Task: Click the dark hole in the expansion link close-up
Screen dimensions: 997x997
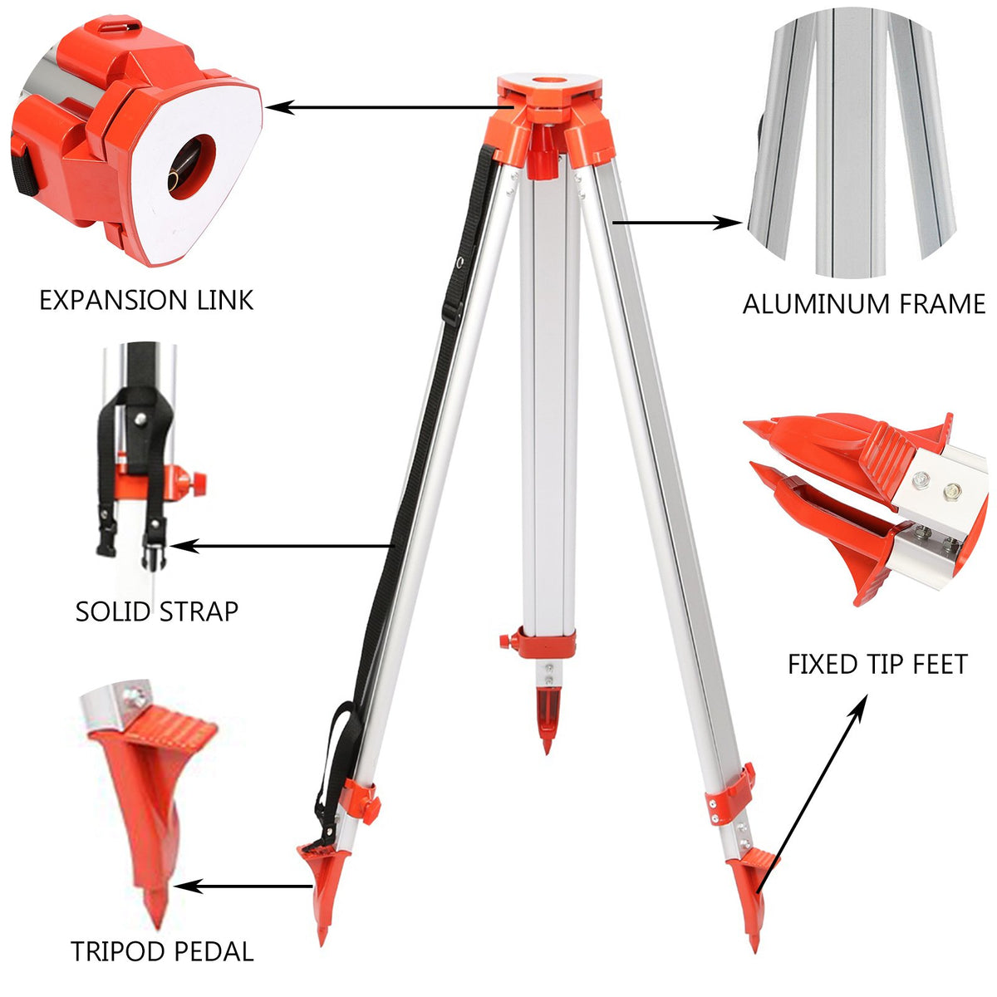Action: click(x=189, y=166)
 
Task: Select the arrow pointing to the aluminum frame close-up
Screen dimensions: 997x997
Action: click(x=677, y=222)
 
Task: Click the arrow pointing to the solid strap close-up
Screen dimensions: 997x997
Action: click(x=282, y=546)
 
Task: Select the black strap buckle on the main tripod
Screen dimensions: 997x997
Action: click(x=451, y=312)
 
